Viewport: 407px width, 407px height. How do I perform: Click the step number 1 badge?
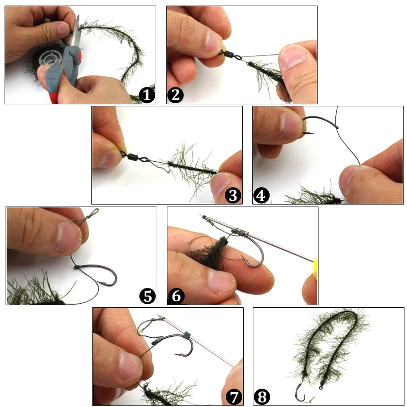pos(147,95)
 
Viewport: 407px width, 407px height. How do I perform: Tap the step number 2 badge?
pos(175,95)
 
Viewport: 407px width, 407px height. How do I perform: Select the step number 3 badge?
pos(233,195)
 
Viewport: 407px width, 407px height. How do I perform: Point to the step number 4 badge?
pos(261,195)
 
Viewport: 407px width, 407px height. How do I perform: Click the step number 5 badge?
pos(148,296)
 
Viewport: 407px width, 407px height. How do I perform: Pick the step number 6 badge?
pos(176,296)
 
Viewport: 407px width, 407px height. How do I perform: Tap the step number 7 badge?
pos(234,396)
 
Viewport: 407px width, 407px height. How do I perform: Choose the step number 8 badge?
pos(262,396)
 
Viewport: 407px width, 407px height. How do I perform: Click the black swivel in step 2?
pos(227,53)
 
